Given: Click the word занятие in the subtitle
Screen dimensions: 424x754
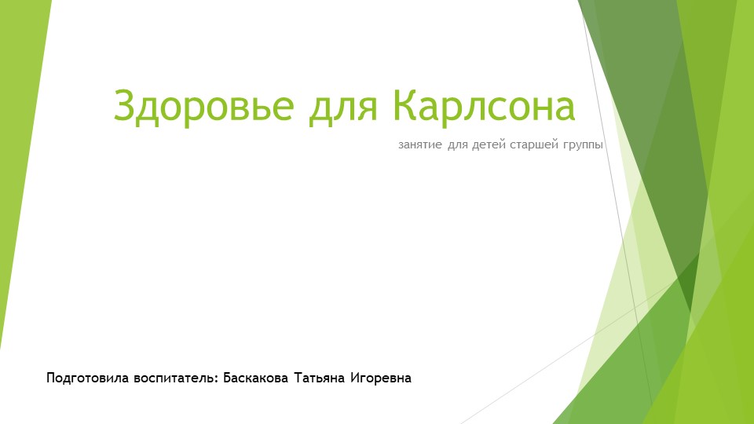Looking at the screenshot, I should point(420,145).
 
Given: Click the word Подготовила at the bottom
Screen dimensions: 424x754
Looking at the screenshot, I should point(79,378).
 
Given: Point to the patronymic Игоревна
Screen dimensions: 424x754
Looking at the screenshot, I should point(382,378).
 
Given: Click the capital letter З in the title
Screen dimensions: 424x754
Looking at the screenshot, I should point(125,106).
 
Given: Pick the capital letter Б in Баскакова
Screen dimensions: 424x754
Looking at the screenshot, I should point(228,378).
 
